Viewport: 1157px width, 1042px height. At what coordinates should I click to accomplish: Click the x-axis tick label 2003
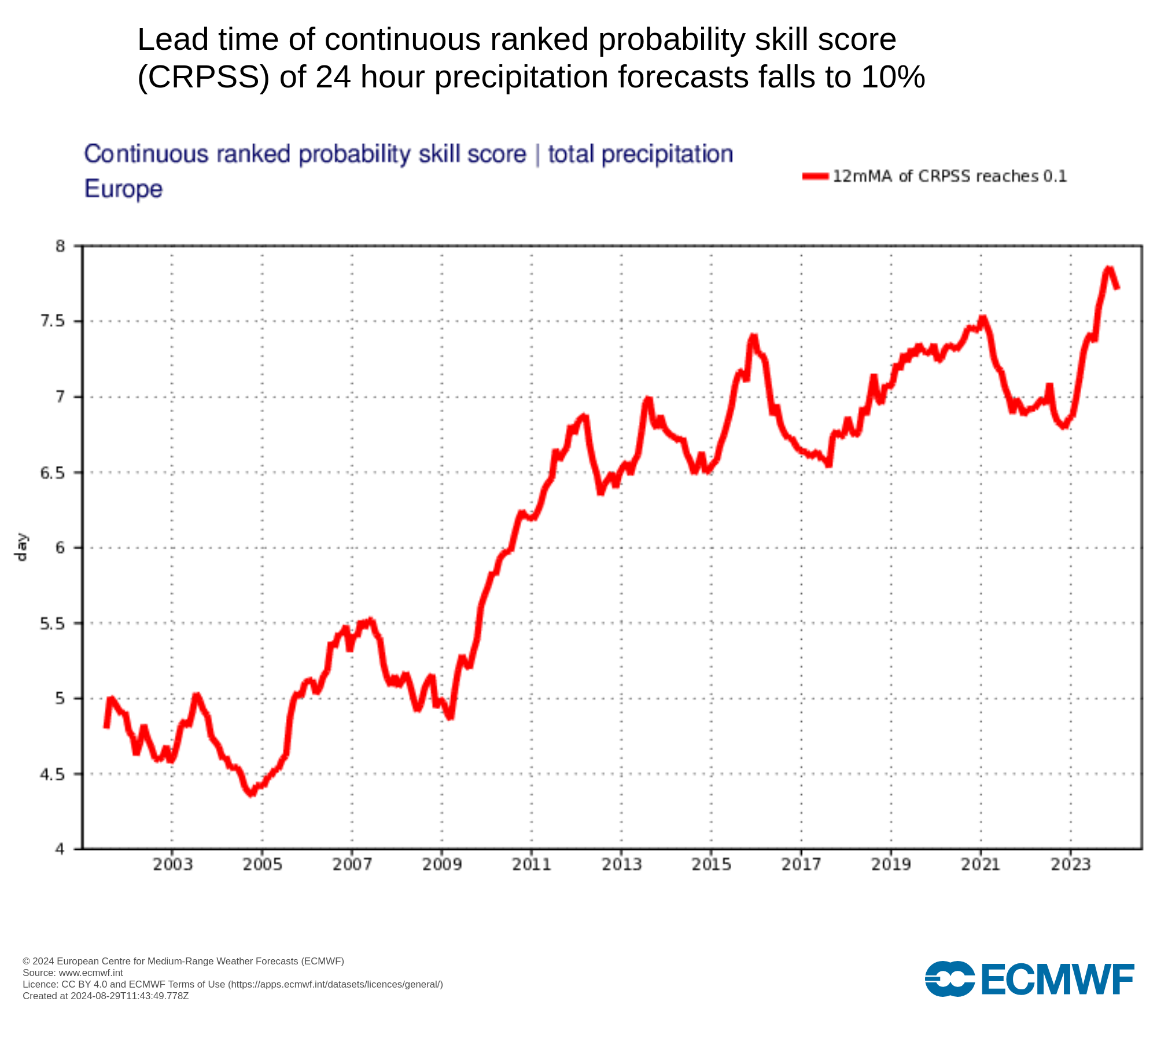(172, 864)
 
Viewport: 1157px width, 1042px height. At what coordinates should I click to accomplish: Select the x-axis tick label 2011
(532, 864)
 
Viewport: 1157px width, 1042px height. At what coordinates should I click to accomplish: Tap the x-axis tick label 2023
(1071, 864)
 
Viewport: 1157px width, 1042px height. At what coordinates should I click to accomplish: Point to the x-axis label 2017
(801, 864)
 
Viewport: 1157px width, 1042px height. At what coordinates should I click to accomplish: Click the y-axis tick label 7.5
(52, 321)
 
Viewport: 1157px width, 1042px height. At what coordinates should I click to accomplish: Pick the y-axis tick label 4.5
(52, 774)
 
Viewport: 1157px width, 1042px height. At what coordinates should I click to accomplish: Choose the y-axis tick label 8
(60, 246)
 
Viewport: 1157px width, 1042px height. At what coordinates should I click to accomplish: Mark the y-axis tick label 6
(60, 548)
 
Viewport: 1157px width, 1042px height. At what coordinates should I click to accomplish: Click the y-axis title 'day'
(21, 547)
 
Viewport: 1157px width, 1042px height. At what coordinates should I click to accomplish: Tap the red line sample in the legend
(815, 177)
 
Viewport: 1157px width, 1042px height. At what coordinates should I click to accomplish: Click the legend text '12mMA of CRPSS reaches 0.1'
(949, 177)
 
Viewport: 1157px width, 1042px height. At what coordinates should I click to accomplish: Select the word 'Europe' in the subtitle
(123, 189)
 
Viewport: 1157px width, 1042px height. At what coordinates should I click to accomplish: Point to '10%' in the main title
(893, 77)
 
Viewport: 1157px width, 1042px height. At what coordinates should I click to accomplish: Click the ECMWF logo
(1029, 979)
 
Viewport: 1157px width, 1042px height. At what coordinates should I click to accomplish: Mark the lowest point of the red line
(251, 794)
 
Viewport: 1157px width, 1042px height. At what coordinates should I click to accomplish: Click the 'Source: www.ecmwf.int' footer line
(73, 973)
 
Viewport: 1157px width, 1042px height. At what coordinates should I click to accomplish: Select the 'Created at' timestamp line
(106, 996)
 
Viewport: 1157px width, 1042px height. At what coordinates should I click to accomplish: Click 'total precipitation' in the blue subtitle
(640, 155)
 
